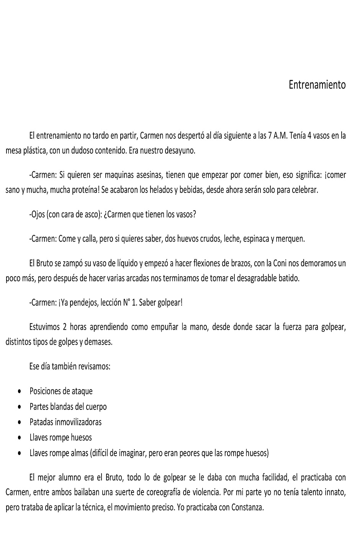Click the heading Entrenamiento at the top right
tap(317, 85)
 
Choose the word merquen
tap(290, 239)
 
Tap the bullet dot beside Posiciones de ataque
tap(20, 392)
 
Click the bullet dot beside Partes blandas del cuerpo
tap(20, 407)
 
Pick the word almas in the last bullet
tap(79, 453)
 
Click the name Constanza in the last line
tap(247, 508)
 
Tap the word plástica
tap(35, 151)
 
